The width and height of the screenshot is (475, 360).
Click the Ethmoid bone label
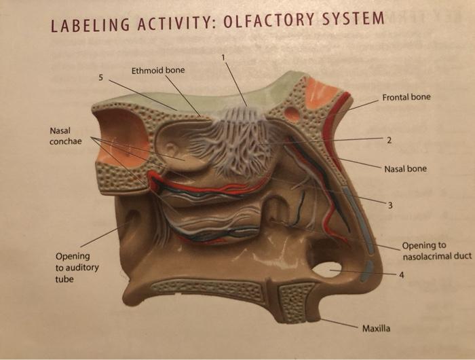click(x=157, y=70)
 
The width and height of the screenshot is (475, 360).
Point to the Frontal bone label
click(x=406, y=97)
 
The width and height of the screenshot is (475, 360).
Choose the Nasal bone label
click(x=405, y=168)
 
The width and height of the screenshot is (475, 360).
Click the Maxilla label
click(x=376, y=329)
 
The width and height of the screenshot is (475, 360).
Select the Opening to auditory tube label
click(x=77, y=267)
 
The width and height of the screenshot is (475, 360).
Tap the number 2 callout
click(x=389, y=141)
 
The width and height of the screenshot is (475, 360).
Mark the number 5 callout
click(x=101, y=77)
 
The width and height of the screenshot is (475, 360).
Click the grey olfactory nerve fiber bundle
click(x=234, y=139)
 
